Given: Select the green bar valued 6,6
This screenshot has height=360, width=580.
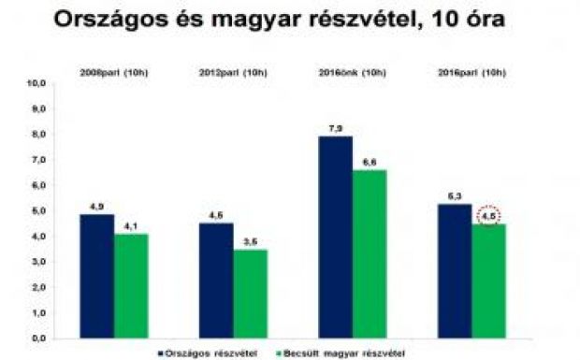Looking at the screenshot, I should pyautogui.click(x=370, y=252).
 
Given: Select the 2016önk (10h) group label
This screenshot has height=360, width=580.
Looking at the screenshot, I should pyautogui.click(x=352, y=72).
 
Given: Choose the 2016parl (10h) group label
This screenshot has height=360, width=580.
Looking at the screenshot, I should pyautogui.click(x=472, y=72).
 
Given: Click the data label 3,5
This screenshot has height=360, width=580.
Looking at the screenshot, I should pyautogui.click(x=251, y=241).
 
